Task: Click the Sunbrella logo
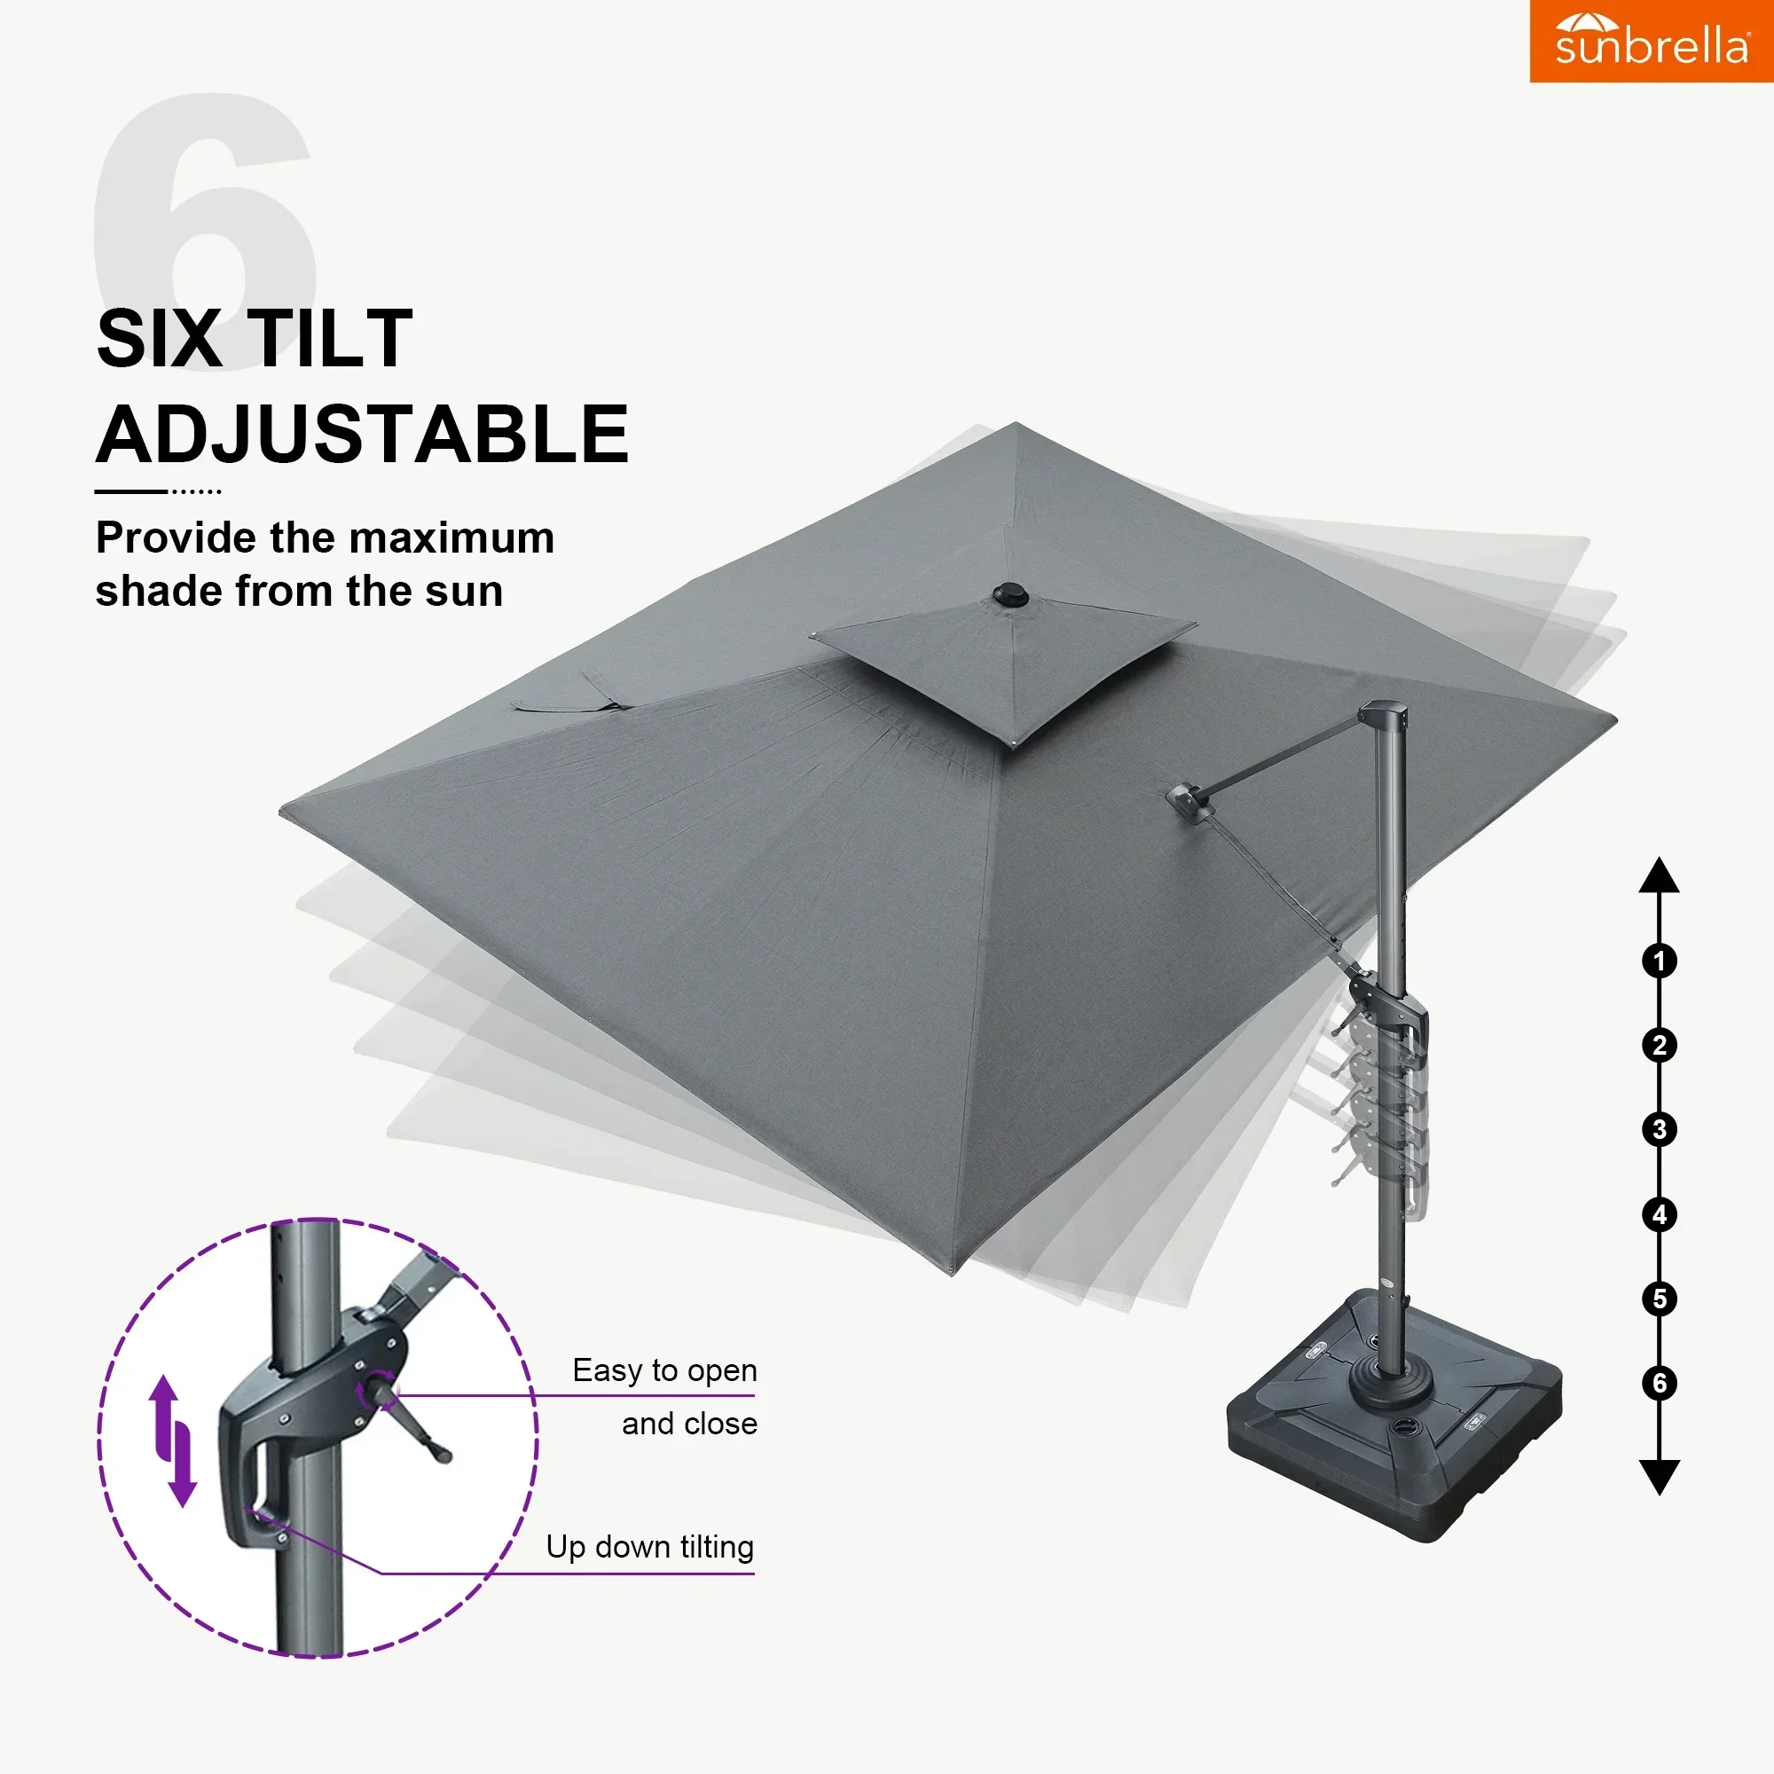tap(1651, 42)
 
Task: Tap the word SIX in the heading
tap(158, 339)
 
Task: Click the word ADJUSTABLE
tap(363, 435)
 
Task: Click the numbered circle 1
tap(1660, 962)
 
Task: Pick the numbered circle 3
tap(1660, 1129)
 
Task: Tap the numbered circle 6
tap(1660, 1383)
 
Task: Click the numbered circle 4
tap(1660, 1215)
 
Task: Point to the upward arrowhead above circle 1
tap(1660, 877)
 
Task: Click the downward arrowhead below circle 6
tap(1660, 1476)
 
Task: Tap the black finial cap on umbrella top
tap(1011, 595)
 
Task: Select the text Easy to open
tap(664, 1371)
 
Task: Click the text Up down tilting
tap(650, 1547)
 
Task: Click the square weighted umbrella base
tap(1393, 1418)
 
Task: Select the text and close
tap(689, 1425)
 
